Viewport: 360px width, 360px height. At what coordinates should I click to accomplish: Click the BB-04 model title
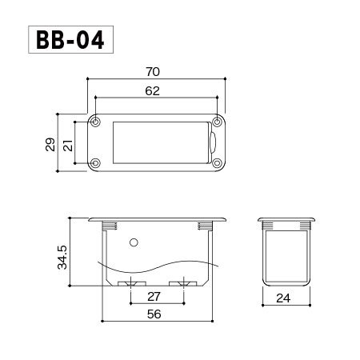pos(70,40)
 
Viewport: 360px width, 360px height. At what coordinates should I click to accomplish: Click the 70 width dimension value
pos(153,72)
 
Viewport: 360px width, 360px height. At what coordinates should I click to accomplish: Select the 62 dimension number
pos(153,91)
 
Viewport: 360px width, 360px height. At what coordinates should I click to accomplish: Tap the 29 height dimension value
pos(50,145)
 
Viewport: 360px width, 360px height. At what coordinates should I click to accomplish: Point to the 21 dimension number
pos(68,145)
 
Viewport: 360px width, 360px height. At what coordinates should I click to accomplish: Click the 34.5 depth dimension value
pos(62,258)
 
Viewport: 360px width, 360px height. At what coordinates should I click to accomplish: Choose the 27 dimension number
pos(154,297)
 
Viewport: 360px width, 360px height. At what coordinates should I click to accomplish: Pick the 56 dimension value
pos(154,314)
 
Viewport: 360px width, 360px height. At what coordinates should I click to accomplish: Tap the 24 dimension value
pos(283,298)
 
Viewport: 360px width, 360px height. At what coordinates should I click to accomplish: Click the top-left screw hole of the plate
pos(95,122)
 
